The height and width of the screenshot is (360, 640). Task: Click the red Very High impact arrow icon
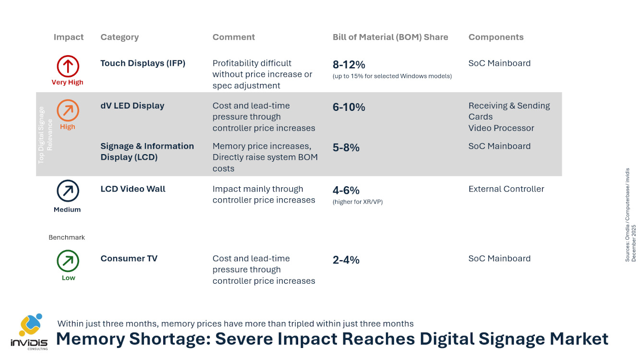point(68,66)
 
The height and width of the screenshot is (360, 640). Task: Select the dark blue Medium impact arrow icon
point(68,191)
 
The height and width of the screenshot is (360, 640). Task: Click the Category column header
point(120,37)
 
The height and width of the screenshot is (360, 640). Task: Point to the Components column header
point(496,37)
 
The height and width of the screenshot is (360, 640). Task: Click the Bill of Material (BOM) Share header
point(390,37)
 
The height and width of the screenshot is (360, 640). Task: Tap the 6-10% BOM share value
point(349,108)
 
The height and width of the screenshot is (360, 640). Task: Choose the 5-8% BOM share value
point(346,148)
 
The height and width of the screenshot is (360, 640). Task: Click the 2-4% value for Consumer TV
point(346,260)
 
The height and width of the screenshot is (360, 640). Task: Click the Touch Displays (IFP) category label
point(143,63)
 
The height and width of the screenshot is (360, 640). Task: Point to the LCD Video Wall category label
point(133,189)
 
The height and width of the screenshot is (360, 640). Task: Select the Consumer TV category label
point(129,259)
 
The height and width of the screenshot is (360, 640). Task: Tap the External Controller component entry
point(506,189)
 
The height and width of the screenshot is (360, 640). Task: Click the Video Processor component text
point(501,128)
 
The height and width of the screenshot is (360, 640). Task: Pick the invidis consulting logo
point(29,331)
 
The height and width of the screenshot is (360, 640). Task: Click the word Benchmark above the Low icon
point(67,238)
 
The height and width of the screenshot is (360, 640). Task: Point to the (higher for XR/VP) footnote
point(357,202)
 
